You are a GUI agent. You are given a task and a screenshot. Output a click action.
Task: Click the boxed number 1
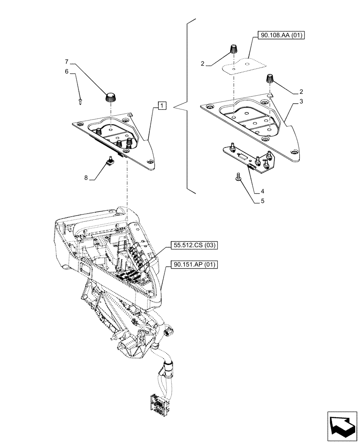click(162, 106)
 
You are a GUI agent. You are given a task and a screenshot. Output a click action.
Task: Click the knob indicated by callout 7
click(110, 96)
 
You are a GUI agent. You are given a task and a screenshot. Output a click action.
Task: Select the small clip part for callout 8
click(110, 162)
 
